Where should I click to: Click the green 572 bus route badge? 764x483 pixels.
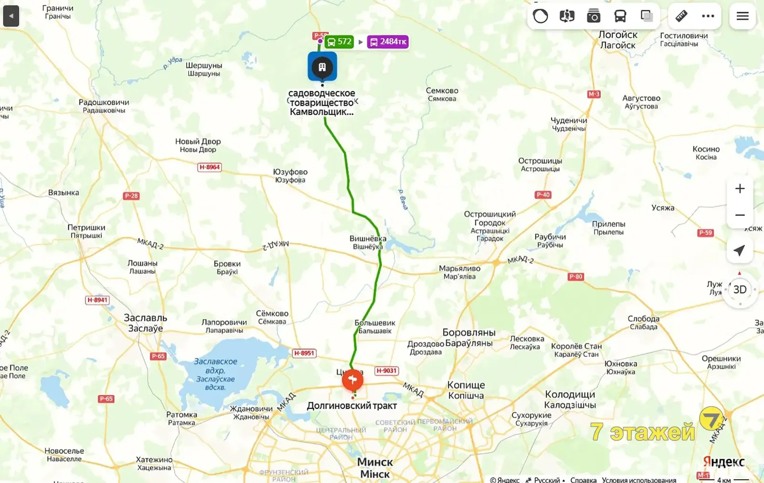pos(339,42)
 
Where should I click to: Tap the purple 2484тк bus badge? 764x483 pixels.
pos(388,42)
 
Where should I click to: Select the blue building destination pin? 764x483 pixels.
pos(322,67)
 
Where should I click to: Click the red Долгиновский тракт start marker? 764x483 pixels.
pos(352,380)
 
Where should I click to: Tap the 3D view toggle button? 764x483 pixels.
pos(740,290)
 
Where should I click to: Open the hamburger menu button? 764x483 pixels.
pos(742,16)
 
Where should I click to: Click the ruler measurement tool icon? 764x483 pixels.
pos(681,16)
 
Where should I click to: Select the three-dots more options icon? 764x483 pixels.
pos(708,16)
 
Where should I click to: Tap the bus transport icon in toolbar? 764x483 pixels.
pos(620,16)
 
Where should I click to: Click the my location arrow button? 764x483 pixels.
pos(739,250)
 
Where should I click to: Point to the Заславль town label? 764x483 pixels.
pos(146,322)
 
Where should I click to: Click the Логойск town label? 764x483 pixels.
pos(618,40)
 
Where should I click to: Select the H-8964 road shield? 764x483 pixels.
pos(210,167)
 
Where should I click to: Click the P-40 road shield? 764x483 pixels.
pos(543,194)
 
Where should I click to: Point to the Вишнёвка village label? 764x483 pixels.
pos(368,242)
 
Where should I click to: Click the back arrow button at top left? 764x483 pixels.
pos(11,16)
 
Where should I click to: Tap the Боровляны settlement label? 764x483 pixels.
pos(469,337)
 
